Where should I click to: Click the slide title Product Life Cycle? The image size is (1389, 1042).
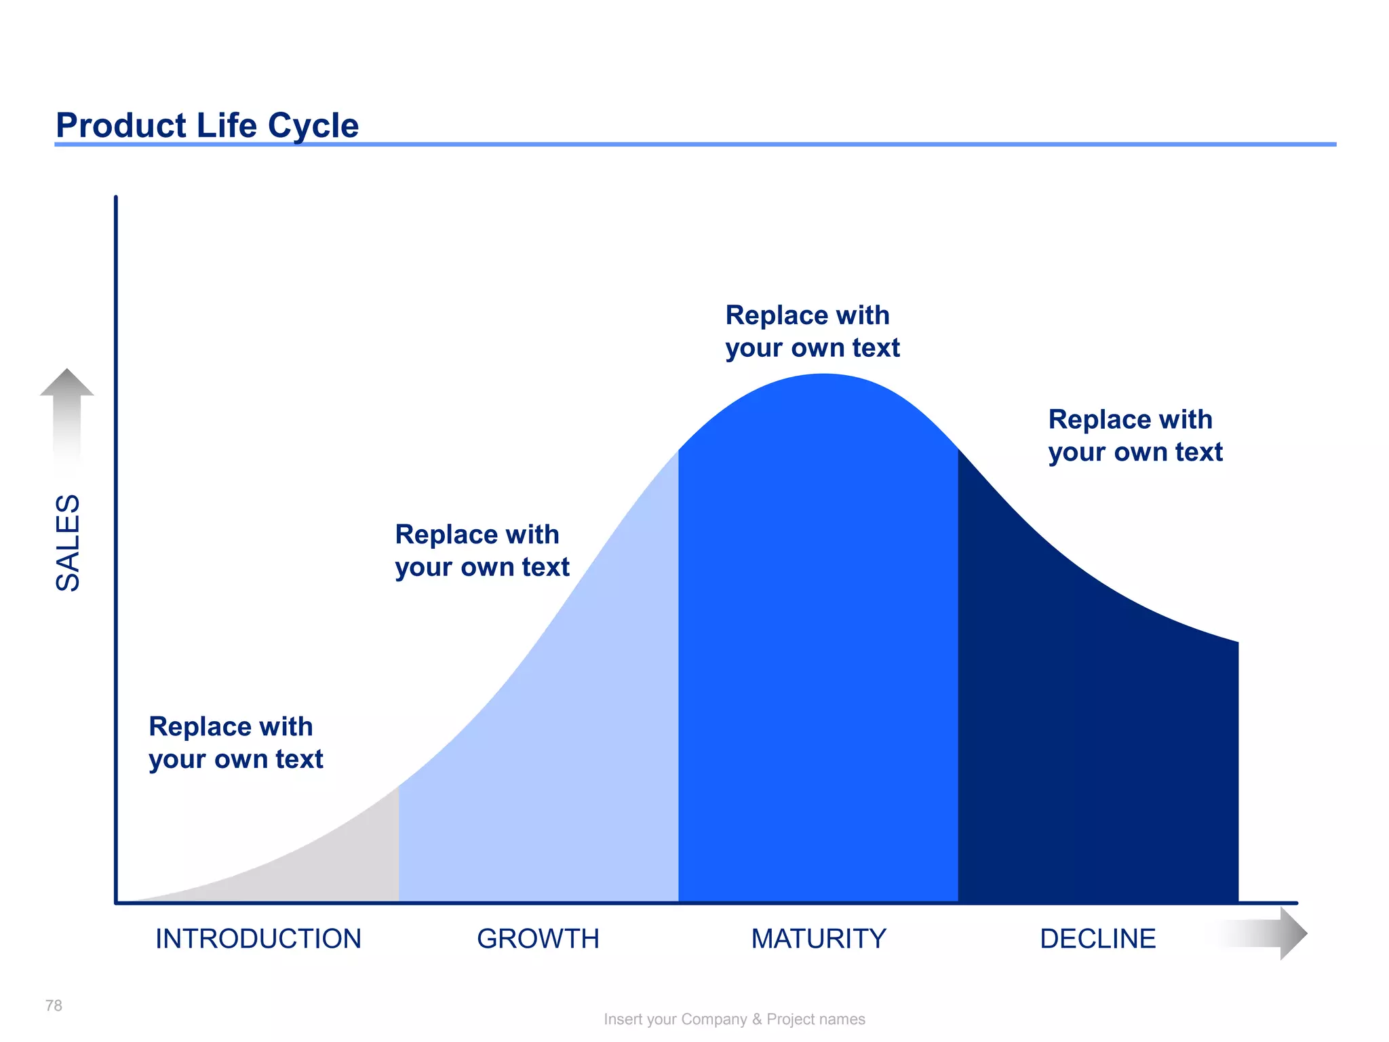coord(207,126)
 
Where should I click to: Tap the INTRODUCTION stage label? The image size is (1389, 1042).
coord(258,939)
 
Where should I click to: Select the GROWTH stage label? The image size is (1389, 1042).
coord(538,939)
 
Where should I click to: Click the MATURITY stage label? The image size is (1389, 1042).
coord(819,939)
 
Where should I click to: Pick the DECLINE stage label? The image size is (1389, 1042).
coord(1097,939)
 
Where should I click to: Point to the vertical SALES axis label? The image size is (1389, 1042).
coord(68,543)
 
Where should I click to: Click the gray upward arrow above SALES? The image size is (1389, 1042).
coord(67,407)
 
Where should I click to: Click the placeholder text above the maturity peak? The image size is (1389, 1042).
coord(812,331)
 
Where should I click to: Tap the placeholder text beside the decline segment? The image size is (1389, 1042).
coord(1135,436)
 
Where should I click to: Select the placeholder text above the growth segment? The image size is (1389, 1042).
coord(482,550)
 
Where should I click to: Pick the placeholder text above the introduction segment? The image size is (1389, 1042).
coord(235,742)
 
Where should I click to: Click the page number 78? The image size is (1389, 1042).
coord(54,1005)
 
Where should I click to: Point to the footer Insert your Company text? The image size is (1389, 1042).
coord(734,1019)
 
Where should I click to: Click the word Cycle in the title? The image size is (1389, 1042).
coord(313,126)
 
